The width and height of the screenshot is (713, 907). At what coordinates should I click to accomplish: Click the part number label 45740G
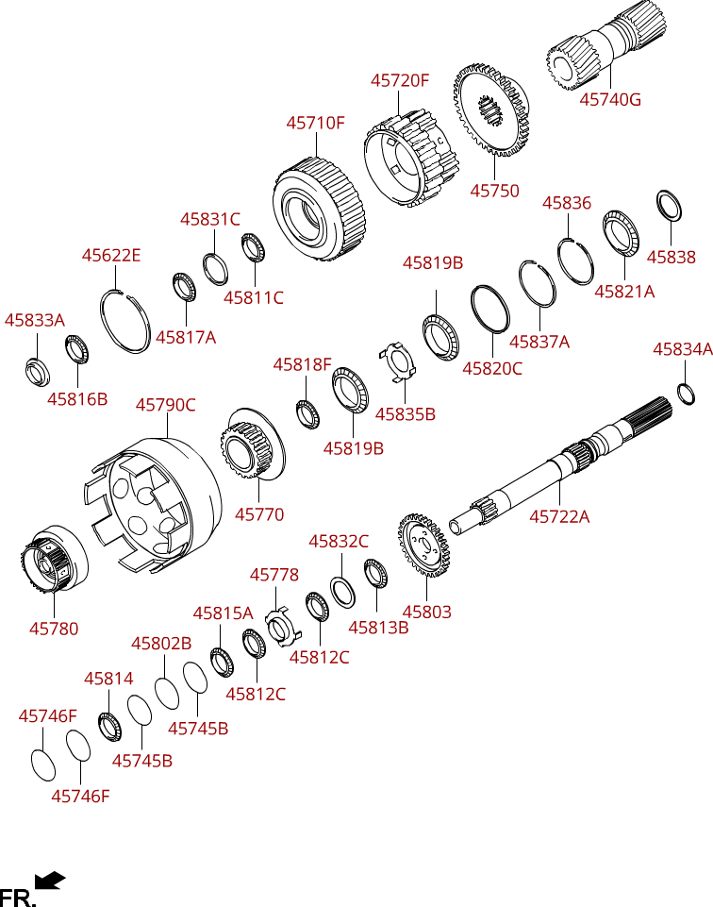[609, 99]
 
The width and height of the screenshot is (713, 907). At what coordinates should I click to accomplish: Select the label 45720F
[399, 81]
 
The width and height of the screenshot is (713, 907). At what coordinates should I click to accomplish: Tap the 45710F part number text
[316, 123]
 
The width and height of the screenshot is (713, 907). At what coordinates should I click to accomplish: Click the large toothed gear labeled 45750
[489, 111]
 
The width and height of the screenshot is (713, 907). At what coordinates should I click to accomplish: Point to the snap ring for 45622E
[124, 322]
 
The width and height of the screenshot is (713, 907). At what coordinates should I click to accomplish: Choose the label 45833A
[34, 320]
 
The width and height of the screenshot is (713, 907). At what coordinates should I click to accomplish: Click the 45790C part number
[165, 405]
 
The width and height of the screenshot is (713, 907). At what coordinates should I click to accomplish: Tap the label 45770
[258, 514]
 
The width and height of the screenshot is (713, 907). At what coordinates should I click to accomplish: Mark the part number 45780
[54, 628]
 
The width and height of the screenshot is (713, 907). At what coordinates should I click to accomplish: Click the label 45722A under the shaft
[559, 516]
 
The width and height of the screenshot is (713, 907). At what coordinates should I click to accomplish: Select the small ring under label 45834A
[687, 393]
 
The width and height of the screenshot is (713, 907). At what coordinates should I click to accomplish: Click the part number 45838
[671, 257]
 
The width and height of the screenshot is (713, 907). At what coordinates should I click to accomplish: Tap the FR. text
[18, 897]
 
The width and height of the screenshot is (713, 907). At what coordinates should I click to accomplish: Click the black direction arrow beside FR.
[50, 880]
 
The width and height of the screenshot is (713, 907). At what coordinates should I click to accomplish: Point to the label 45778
[274, 575]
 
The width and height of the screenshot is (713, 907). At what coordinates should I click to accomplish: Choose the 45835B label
[405, 413]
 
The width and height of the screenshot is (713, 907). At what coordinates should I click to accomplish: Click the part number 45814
[108, 678]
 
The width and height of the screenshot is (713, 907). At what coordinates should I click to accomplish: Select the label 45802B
[161, 644]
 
